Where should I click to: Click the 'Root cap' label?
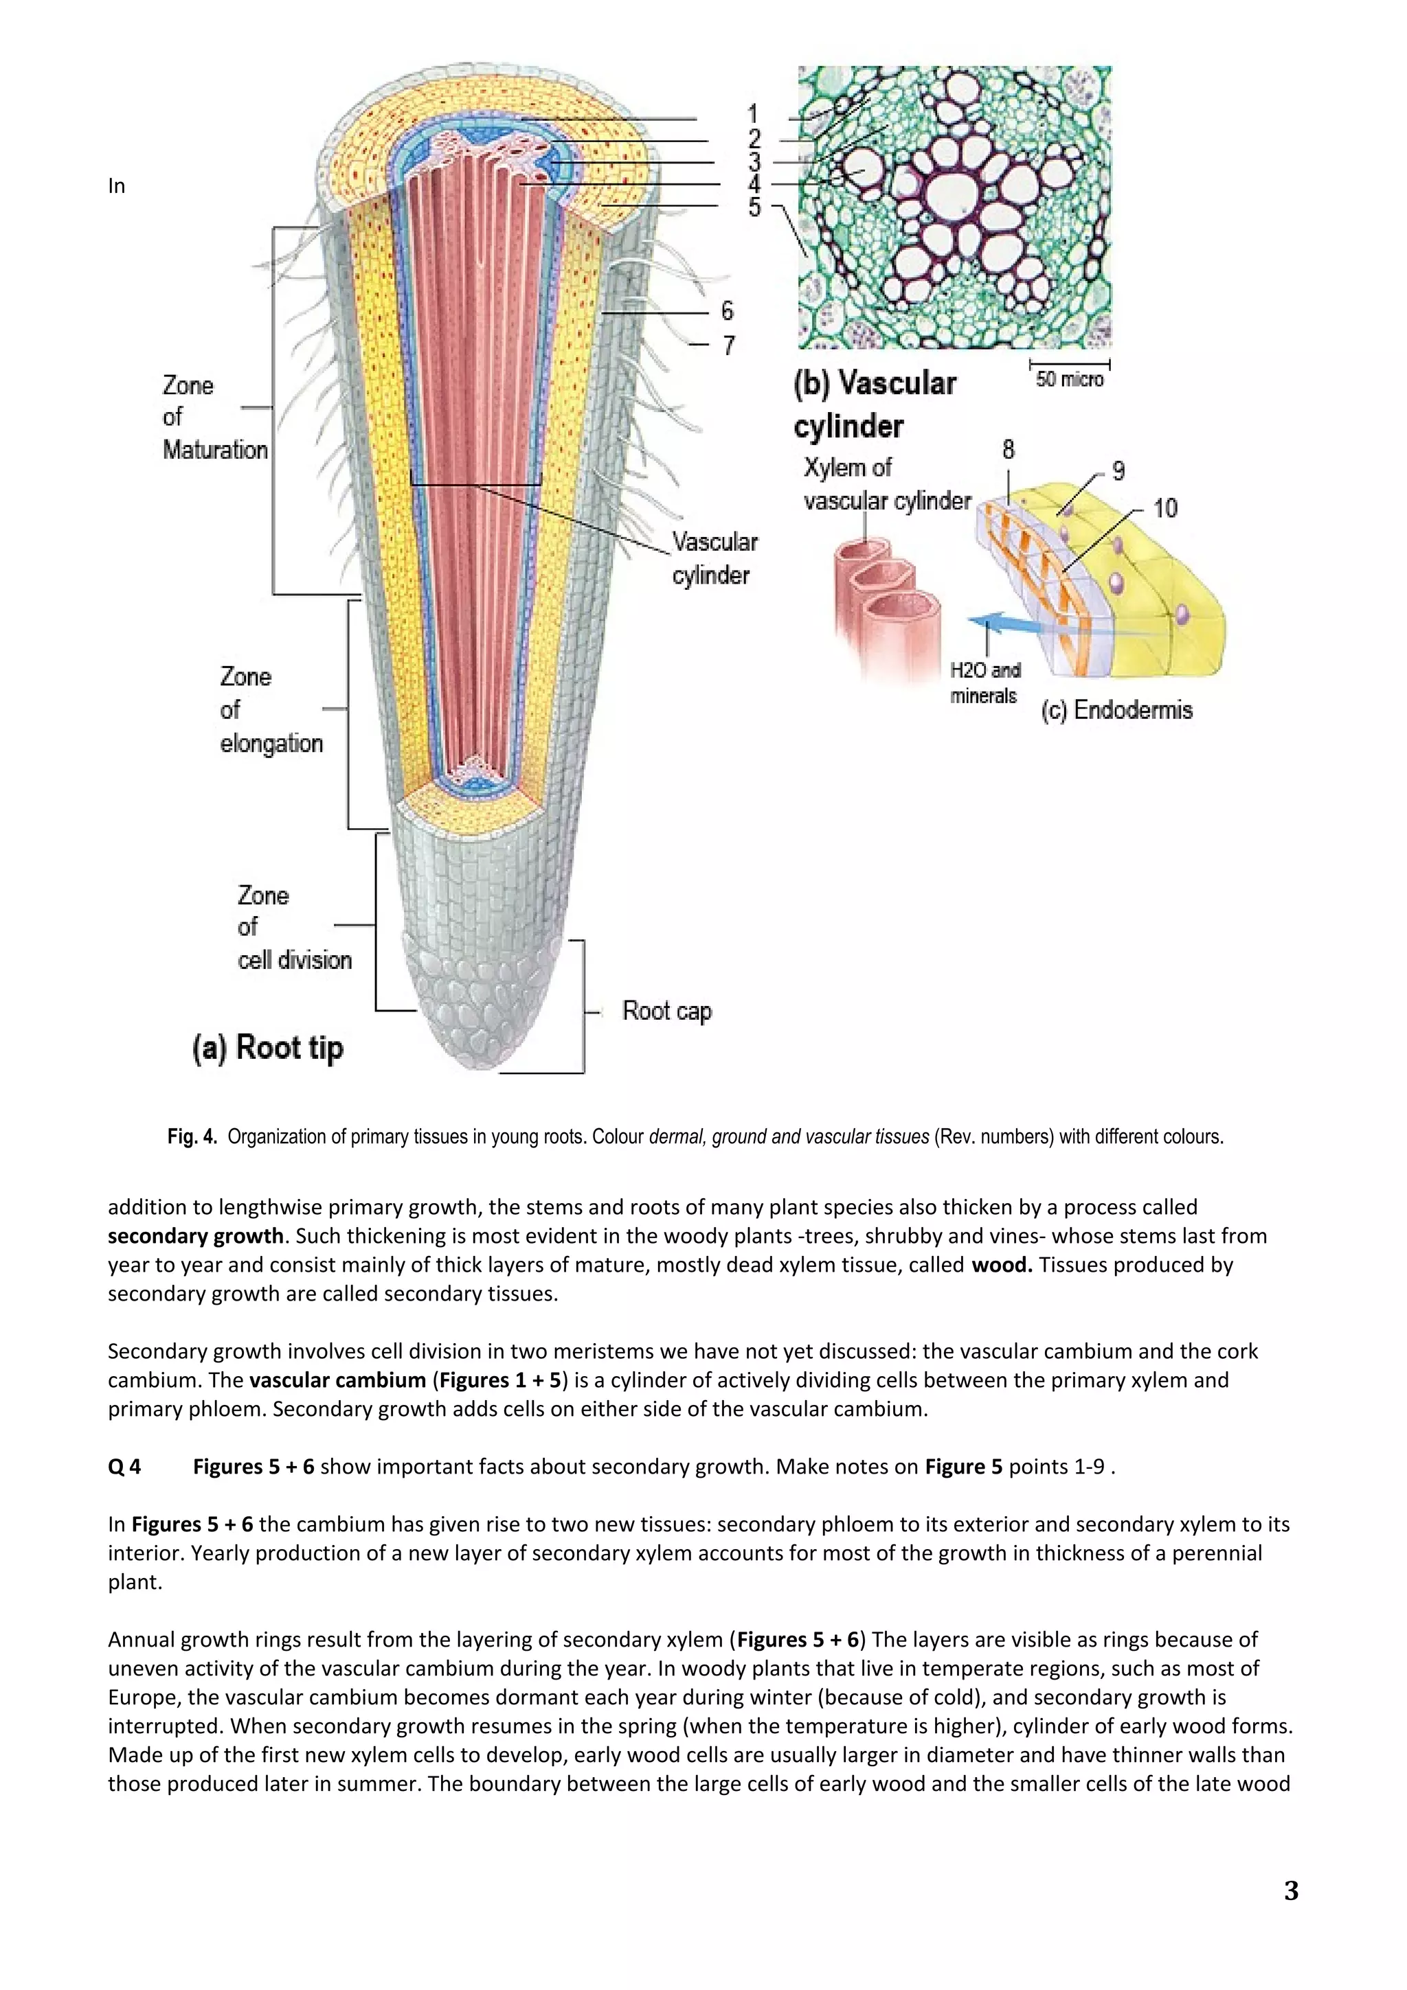666,1011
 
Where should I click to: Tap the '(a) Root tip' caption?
268,1048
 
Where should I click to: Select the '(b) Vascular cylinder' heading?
874,404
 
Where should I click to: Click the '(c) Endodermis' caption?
1116,710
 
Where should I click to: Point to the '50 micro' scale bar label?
1069,379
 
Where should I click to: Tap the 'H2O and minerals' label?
984,683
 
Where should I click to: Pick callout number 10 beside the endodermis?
1165,508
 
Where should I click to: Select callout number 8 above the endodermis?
1007,449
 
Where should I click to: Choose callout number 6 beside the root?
726,310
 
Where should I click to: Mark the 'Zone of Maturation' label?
214,417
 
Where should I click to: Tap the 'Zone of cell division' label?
293,928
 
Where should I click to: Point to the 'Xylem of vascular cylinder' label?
886,485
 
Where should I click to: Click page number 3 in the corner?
1290,1890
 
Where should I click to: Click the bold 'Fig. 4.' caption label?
192,1136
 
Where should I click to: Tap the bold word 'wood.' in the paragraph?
1001,1265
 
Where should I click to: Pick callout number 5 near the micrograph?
754,207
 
